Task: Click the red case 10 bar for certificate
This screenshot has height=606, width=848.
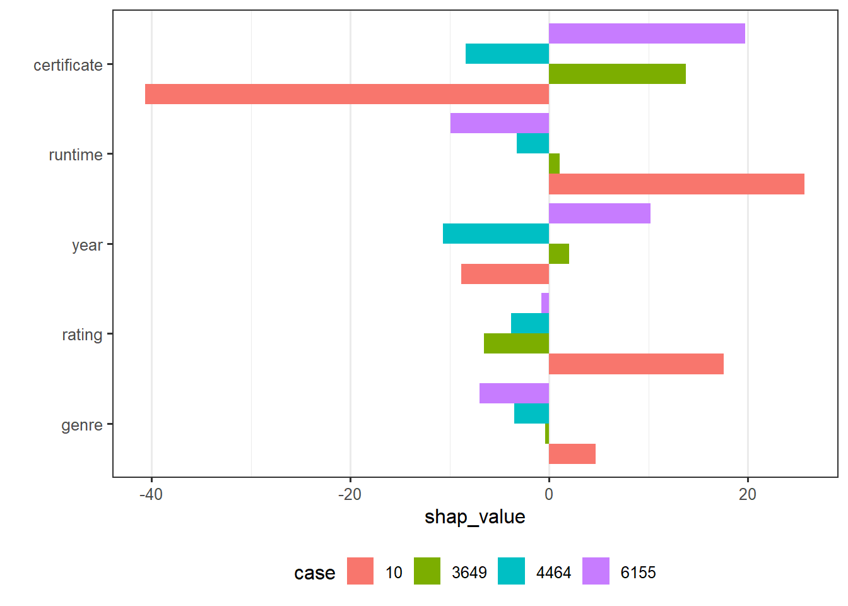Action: [x=347, y=94]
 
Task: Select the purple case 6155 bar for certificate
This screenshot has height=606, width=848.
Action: [x=647, y=33]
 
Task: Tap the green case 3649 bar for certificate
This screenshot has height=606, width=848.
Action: [x=617, y=74]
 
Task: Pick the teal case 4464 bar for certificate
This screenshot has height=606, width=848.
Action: [x=507, y=54]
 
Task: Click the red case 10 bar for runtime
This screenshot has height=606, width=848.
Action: [x=676, y=184]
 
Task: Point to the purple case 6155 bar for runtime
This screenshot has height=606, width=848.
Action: [x=500, y=123]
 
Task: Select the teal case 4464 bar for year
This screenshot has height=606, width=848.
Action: [x=496, y=234]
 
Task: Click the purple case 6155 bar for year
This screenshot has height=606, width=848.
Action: [x=599, y=213]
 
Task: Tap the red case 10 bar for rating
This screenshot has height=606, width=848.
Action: [x=636, y=364]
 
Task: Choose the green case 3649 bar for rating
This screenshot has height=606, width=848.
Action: [x=516, y=343]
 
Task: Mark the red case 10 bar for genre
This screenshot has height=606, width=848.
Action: [x=572, y=454]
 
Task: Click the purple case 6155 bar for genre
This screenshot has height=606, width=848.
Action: [x=514, y=393]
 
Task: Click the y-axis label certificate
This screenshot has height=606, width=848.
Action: [x=68, y=65]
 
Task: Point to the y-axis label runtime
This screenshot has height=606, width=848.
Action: [x=76, y=155]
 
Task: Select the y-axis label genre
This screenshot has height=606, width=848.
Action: [x=82, y=425]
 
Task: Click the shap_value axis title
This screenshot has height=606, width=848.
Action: [x=474, y=517]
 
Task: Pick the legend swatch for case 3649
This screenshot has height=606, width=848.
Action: [x=427, y=571]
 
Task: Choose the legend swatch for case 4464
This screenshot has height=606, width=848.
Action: [x=511, y=571]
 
